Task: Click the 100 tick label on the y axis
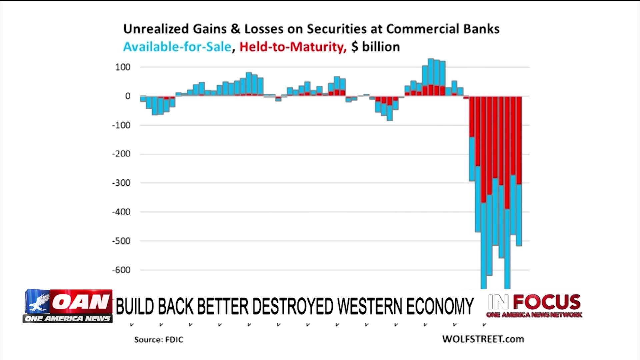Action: tap(123, 67)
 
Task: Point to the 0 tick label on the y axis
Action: tap(128, 96)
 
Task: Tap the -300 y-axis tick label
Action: tap(121, 183)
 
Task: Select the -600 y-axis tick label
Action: tap(121, 270)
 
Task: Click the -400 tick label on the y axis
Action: tap(121, 212)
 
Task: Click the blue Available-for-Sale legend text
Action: tap(177, 47)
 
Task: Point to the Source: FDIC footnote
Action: tap(159, 339)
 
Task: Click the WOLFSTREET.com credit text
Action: tap(483, 339)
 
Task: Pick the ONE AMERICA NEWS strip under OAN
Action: tap(68, 319)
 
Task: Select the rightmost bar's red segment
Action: tap(519, 140)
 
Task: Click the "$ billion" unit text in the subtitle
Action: tap(376, 47)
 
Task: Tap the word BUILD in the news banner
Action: tap(135, 306)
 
